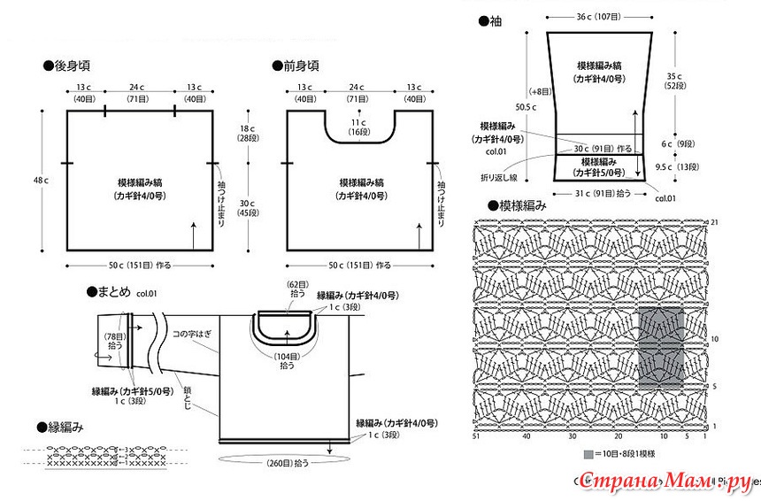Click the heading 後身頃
coord(71,66)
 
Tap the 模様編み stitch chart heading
coord(521,205)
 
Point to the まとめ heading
coord(112,291)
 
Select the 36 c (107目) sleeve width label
coord(597,16)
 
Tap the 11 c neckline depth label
coord(357,127)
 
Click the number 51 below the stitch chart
coord(476,435)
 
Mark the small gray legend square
coord(588,454)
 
